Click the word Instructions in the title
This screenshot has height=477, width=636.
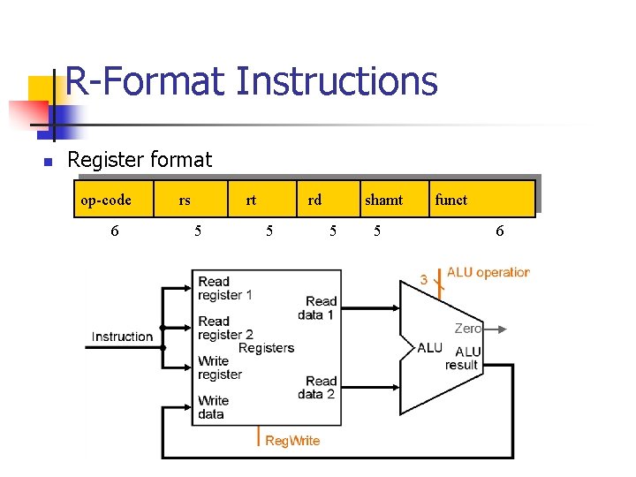click(336, 82)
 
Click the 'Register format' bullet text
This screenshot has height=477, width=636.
click(140, 160)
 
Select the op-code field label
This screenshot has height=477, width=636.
click(106, 200)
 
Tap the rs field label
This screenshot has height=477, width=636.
click(184, 200)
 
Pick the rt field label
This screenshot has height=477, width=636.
click(251, 200)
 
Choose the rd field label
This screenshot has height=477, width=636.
click(314, 200)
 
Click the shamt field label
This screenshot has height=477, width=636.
click(383, 200)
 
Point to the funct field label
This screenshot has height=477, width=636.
click(450, 200)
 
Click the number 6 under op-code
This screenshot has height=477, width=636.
click(115, 231)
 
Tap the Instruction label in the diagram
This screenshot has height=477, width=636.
click(122, 337)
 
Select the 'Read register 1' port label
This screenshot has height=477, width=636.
click(225, 289)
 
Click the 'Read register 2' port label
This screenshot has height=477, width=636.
click(225, 328)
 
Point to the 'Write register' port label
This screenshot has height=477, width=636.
click(220, 367)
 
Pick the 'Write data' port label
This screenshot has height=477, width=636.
click(214, 407)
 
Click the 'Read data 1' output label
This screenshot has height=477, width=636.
click(317, 307)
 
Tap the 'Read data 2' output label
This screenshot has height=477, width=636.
click(317, 388)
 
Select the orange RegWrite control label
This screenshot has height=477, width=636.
click(292, 441)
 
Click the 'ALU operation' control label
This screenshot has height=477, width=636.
click(488, 272)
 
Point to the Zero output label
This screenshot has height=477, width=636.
click(467, 329)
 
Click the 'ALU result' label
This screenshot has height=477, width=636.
click(462, 358)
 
